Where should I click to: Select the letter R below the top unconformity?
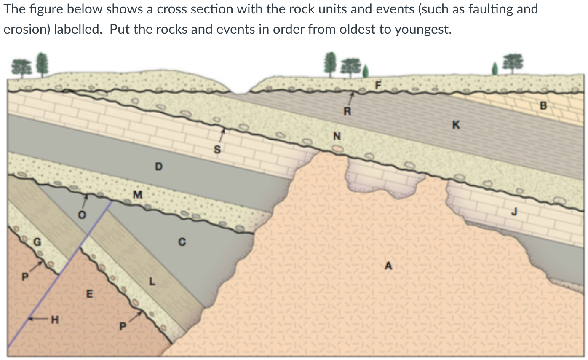346,112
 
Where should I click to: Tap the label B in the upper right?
543,105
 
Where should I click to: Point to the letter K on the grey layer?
456,124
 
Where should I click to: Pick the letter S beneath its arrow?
217,149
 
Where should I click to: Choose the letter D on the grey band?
158,167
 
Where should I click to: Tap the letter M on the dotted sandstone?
137,195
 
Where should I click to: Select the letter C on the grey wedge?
182,242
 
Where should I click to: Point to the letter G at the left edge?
37,242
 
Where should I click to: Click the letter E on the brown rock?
89,293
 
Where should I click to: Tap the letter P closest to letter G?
25,277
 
